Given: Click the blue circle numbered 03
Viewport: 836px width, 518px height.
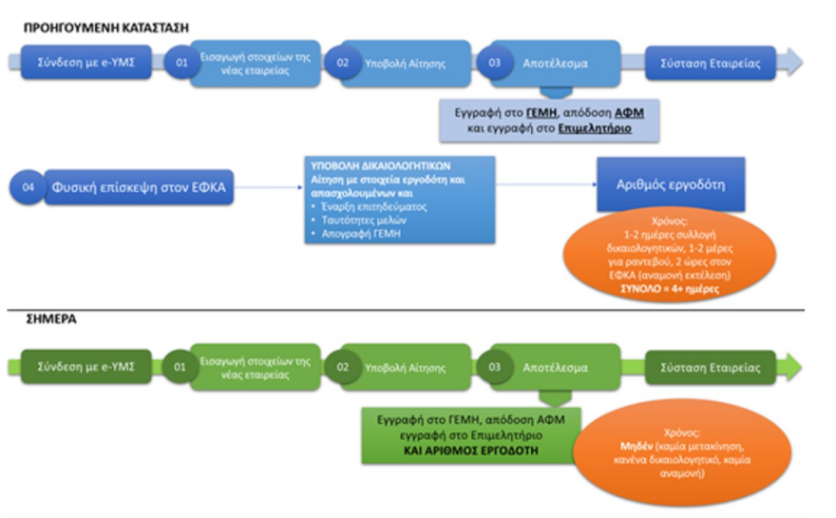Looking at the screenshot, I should click(492, 63).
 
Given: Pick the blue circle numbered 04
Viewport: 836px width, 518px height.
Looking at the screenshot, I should click(28, 187).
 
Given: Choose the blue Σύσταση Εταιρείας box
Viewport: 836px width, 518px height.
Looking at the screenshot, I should click(711, 63).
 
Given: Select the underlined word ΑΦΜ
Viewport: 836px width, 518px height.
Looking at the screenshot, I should click(630, 112).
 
